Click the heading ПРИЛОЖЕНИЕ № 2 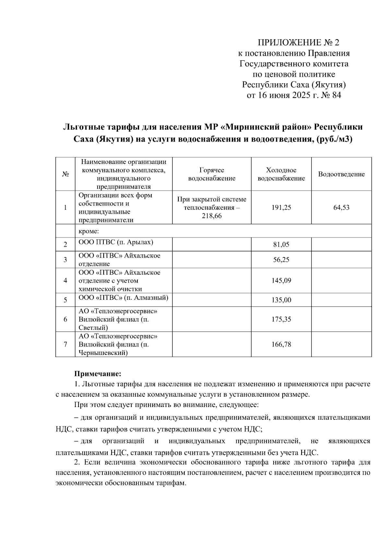coord(298,42)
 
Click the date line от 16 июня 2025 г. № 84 coord(294,95)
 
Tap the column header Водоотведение coord(341,174)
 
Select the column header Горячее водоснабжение coord(211,174)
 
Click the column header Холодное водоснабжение coord(281,174)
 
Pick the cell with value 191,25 coord(281,208)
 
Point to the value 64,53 coord(341,208)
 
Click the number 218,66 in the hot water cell coord(211,216)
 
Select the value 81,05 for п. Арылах coord(281,245)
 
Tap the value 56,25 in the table coord(281,260)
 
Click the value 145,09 coord(281,281)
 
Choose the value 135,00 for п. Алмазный coord(281,300)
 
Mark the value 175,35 coord(281,320)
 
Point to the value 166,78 coord(281,345)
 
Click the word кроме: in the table coord(88,231)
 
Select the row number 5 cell coord(65,300)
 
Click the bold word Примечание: coord(98,374)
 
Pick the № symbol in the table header coord(65,174)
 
